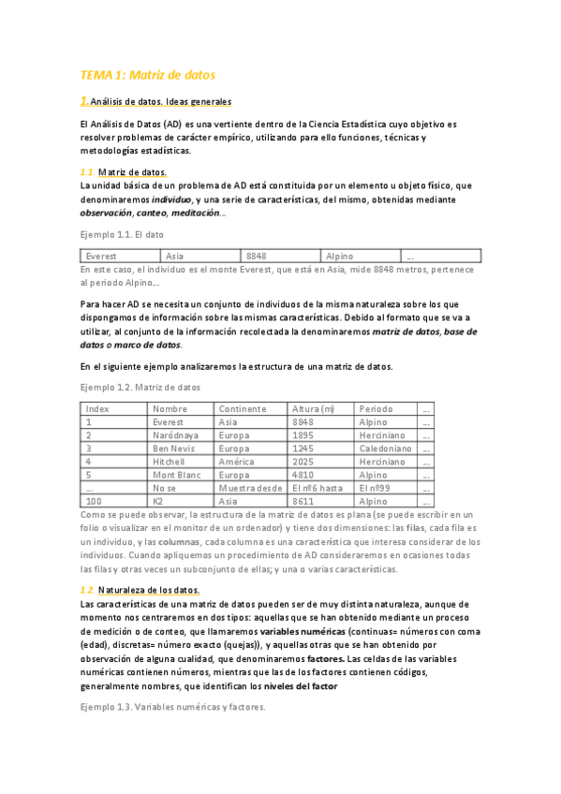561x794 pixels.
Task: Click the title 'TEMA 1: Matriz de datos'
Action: [x=148, y=74]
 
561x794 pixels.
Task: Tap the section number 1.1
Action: [x=87, y=172]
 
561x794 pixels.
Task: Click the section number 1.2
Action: [x=87, y=590]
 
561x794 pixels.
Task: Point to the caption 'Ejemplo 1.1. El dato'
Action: [x=123, y=234]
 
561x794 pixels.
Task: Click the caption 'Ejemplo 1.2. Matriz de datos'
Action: [x=140, y=387]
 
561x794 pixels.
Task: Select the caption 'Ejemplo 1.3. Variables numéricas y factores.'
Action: [x=173, y=707]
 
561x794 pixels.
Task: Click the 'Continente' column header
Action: [x=243, y=409]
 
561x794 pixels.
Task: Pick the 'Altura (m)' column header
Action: [x=313, y=409]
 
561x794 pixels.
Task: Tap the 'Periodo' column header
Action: [x=375, y=409]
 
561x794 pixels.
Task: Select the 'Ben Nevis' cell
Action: [x=172, y=448]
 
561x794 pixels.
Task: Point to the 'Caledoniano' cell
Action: [x=385, y=448]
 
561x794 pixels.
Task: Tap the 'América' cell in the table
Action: [x=237, y=462]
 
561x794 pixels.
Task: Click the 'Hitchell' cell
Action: [x=170, y=462]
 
